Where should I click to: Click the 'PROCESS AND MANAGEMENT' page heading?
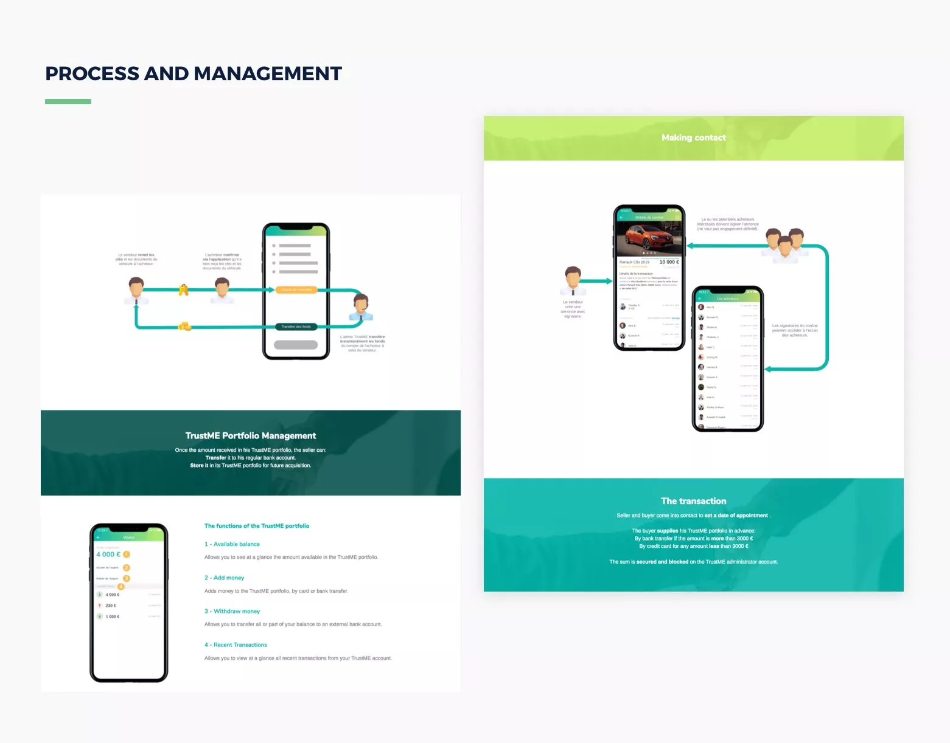pyautogui.click(x=194, y=74)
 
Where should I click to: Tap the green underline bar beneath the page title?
pyautogui.click(x=68, y=102)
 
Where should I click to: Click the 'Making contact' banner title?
pyautogui.click(x=693, y=138)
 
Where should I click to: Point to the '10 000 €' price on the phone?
pyautogui.click(x=669, y=262)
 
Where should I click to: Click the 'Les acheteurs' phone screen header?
pyautogui.click(x=727, y=299)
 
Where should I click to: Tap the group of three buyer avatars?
pyautogui.click(x=784, y=244)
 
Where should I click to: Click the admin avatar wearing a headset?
pyautogui.click(x=361, y=308)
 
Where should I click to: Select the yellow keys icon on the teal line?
pyautogui.click(x=183, y=290)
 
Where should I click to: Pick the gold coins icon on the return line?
pyautogui.click(x=184, y=327)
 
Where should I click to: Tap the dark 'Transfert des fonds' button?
pyautogui.click(x=296, y=327)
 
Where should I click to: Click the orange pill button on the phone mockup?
pyautogui.click(x=296, y=290)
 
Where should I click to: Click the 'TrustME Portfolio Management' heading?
pyautogui.click(x=251, y=436)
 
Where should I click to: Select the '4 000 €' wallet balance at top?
pyautogui.click(x=108, y=555)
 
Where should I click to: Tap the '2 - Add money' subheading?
pyautogui.click(x=225, y=578)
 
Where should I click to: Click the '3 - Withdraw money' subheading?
pyautogui.click(x=232, y=611)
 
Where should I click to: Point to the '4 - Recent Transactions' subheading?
pyautogui.click(x=236, y=645)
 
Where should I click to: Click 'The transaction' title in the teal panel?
pyautogui.click(x=693, y=501)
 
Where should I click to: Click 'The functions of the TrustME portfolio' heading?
pyautogui.click(x=257, y=526)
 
